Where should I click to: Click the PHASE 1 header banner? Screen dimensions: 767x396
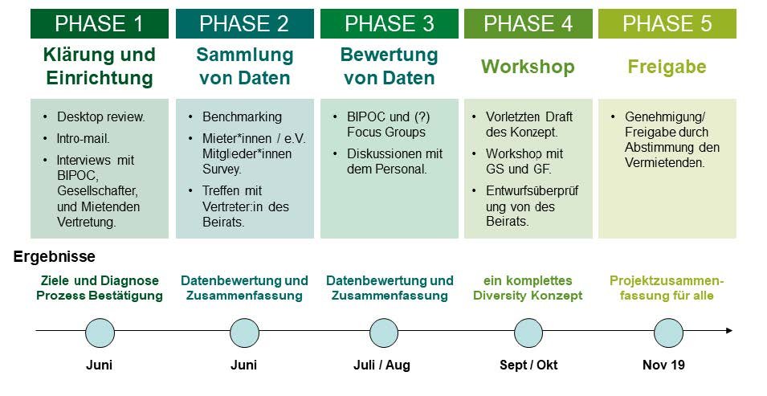(x=100, y=23)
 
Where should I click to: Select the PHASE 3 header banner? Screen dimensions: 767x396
(x=390, y=23)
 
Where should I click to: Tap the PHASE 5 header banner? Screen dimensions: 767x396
(x=667, y=23)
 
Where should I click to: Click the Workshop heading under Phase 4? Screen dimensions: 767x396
(x=528, y=67)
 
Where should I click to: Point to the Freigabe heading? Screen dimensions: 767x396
(x=667, y=67)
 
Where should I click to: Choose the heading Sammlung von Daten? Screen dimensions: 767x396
(x=245, y=66)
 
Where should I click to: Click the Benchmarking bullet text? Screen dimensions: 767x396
(x=242, y=117)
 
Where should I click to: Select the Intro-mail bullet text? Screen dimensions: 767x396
(x=84, y=138)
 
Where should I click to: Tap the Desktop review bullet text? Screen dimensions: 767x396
(x=100, y=117)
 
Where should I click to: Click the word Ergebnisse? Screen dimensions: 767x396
(x=55, y=256)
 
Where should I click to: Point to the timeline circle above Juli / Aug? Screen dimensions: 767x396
(x=384, y=333)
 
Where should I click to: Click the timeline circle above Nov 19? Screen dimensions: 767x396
(x=668, y=333)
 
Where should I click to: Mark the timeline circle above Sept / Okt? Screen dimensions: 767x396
(x=528, y=333)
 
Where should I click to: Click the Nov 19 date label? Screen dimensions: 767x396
(x=663, y=365)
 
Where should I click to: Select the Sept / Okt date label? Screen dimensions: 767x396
(x=528, y=365)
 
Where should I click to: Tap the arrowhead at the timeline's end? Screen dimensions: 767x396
(x=729, y=331)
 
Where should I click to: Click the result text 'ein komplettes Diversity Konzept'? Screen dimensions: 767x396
(x=528, y=288)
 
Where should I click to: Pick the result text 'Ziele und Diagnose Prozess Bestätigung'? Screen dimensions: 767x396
(x=100, y=288)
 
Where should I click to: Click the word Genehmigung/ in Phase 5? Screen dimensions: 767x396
(x=665, y=117)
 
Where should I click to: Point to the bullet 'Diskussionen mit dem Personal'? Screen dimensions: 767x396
(x=395, y=161)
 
